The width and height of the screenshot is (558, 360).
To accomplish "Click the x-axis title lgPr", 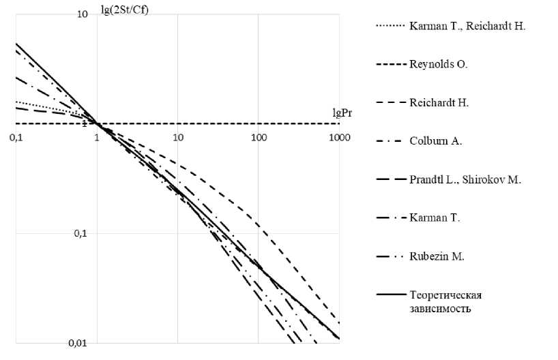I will coord(328,112).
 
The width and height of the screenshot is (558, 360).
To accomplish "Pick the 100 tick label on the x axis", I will coord(259,137).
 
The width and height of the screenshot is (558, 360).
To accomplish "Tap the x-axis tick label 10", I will coord(178,137).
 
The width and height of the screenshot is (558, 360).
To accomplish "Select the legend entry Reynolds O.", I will coord(439,65).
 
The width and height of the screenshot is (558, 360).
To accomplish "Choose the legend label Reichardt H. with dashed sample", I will coord(439,103).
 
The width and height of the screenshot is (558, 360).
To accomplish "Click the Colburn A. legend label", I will coord(437,141).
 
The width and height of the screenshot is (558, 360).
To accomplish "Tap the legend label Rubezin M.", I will coord(437,256).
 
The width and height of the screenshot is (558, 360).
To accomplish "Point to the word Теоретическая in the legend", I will coord(446,295).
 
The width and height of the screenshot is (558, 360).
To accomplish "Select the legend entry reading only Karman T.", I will coord(435,218).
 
